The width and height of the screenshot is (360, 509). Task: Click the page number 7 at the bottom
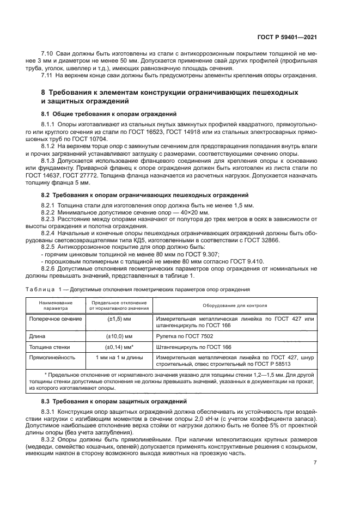tap(315, 463)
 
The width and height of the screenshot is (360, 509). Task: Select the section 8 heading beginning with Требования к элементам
tap(170, 97)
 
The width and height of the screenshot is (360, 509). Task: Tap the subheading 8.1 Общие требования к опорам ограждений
tap(109, 114)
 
